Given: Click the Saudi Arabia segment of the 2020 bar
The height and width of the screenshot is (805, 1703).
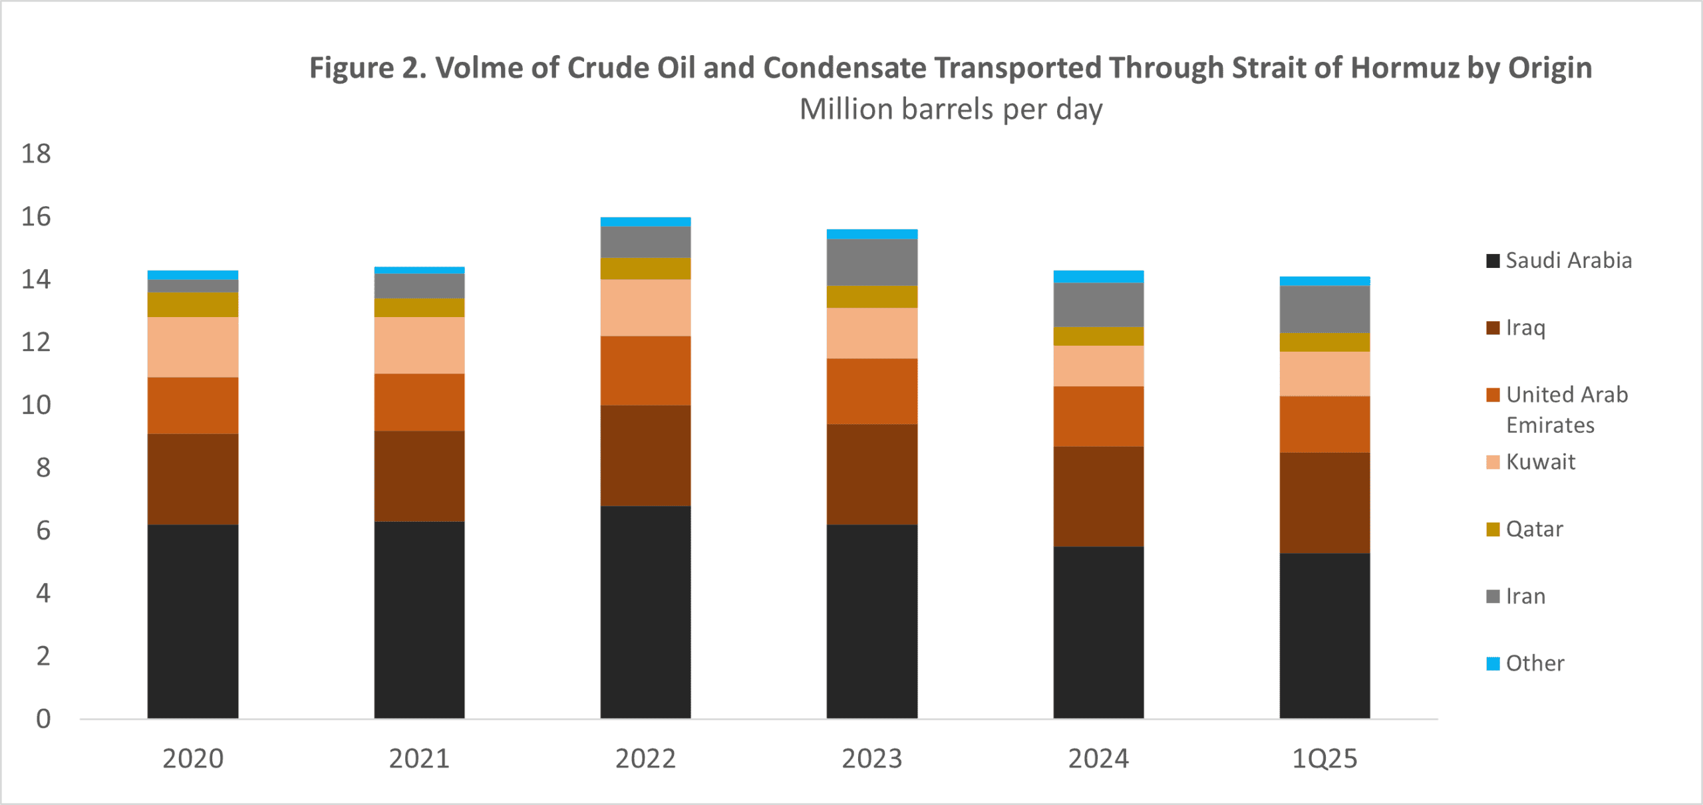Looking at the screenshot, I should point(193,622).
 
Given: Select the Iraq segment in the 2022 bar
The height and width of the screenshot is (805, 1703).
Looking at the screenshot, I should point(645,456).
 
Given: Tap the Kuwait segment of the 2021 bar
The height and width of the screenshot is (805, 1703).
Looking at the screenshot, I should point(419,346).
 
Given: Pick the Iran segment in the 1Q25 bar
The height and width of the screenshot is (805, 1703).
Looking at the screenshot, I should point(1324,309).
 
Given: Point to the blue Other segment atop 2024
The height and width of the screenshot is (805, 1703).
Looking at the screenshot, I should point(1098,277).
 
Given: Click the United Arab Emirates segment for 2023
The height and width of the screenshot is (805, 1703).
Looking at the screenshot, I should point(871,392).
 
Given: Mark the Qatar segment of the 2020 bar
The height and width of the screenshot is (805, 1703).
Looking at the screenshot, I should point(193,304).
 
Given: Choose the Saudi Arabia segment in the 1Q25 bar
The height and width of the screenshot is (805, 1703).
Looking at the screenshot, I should point(1324,635).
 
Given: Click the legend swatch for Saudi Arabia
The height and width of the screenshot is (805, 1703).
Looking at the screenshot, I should point(1493,261).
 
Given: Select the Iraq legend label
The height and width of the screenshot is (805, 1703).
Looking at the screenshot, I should point(1525,328).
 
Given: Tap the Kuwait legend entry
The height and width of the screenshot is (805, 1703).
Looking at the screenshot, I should point(1540,462).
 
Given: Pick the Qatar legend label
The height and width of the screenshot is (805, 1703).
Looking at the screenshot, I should point(1534,529).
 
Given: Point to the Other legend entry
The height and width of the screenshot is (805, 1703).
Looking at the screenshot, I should point(1535,663).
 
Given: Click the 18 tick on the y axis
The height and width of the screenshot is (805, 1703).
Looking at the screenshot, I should point(36,154).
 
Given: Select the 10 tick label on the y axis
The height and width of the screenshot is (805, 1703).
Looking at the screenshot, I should point(36,405).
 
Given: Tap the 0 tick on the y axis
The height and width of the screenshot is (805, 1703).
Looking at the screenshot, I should point(43,719).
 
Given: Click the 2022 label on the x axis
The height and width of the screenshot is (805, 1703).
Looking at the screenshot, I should point(645,758).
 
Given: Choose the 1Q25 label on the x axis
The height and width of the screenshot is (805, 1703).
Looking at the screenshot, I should point(1324,758).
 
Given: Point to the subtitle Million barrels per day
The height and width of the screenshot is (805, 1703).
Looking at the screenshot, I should point(951,109).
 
